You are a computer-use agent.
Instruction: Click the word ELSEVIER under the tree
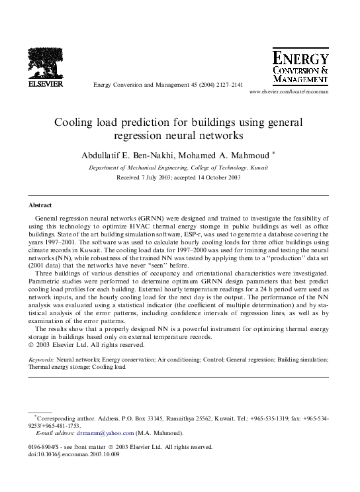click(x=44, y=85)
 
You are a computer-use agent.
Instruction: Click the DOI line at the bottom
click(x=71, y=457)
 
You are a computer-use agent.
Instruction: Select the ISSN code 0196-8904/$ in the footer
click(x=46, y=448)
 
